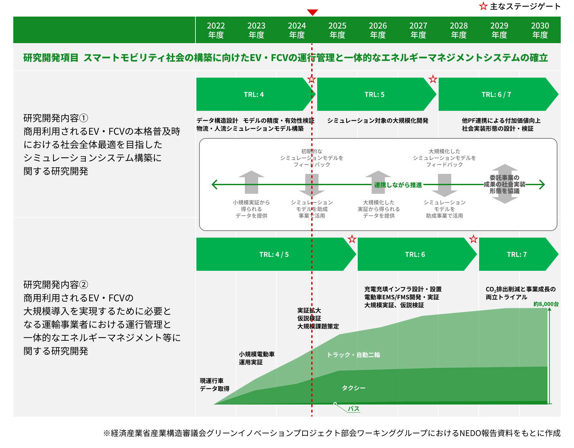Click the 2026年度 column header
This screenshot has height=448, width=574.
point(378,30)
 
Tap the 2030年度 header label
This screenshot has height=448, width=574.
point(540,30)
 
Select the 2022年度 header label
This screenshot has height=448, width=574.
point(216,30)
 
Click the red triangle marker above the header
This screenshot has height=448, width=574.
point(312,12)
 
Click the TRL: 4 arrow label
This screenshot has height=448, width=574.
point(254,95)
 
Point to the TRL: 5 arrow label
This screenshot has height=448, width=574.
point(375,95)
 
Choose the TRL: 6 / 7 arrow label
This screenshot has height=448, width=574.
point(496,95)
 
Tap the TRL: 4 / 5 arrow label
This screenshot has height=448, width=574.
point(274,255)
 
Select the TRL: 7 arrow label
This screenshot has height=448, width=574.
point(517,255)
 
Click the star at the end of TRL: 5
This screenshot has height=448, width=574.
point(433,79)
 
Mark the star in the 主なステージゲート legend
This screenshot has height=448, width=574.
point(483,6)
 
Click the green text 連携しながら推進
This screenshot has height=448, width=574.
point(398,185)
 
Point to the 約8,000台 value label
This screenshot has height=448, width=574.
point(546,304)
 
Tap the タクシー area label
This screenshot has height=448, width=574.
point(354,388)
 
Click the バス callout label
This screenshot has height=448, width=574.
point(354,409)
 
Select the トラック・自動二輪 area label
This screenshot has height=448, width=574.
point(353,355)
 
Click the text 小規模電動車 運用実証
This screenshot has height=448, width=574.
point(257,358)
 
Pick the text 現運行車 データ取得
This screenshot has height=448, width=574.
point(215,385)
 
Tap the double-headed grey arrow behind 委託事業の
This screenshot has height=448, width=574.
point(505,184)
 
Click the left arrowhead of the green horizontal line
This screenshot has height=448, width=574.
point(214,185)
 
